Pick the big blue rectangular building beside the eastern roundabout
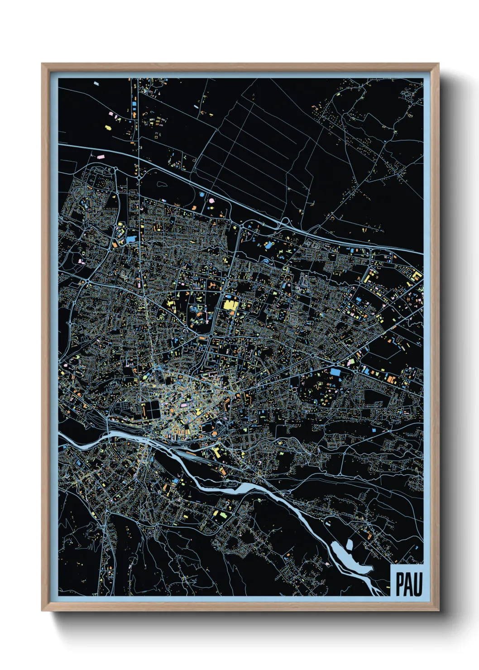point(335,372)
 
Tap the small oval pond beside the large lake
point(350,545)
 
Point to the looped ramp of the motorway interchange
point(285,222)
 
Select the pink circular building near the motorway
point(202,195)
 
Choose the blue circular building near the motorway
point(211,199)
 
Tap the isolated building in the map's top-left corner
point(96,83)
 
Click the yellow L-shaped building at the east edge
point(417,275)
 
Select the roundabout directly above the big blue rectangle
point(335,362)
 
